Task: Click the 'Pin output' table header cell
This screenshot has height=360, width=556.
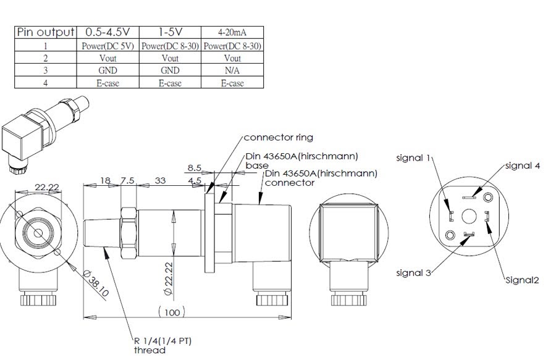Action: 45,32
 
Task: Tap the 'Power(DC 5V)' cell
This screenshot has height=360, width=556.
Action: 107,46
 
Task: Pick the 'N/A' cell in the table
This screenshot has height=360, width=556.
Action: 232,70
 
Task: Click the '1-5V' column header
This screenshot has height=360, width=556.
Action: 170,32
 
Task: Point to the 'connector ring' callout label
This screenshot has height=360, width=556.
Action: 278,137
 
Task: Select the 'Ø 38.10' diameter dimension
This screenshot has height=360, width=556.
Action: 96,283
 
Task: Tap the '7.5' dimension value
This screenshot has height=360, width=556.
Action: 128,180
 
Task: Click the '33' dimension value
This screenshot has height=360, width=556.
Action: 160,180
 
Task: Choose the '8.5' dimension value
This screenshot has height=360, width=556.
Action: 195,167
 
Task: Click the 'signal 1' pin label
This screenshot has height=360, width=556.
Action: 412,157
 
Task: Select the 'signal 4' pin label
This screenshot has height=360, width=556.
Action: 523,165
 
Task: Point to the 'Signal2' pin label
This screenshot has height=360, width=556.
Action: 523,280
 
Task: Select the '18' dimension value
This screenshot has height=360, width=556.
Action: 105,180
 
